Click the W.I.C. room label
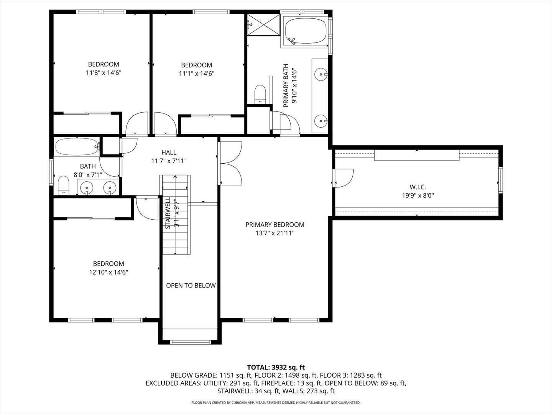click(418, 187)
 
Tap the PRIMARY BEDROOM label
click(275, 225)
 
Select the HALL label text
click(169, 153)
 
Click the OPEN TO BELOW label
click(191, 286)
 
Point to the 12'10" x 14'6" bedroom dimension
click(108, 273)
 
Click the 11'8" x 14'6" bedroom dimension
click(103, 72)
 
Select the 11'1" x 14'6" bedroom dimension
click(196, 73)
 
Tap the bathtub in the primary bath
click(306, 31)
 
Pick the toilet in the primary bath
click(260, 94)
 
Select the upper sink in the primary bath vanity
click(321, 74)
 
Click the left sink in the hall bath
click(87, 187)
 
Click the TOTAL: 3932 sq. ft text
click(276, 368)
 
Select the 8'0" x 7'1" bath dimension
click(88, 175)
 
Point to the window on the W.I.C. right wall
click(500, 179)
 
